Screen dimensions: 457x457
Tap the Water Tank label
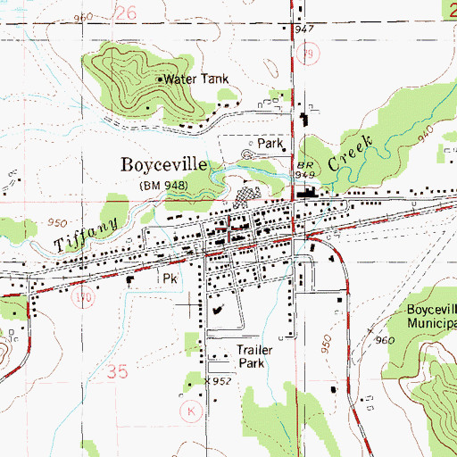(x=197, y=79)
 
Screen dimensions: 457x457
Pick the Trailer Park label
(x=253, y=357)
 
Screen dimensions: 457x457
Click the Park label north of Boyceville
(x=270, y=143)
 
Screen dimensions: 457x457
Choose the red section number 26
(x=127, y=12)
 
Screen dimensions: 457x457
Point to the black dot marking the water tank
(x=160, y=79)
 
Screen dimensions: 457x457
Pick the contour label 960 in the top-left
(x=84, y=18)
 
